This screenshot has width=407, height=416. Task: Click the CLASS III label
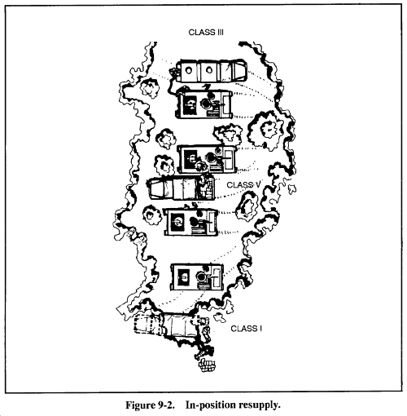206,33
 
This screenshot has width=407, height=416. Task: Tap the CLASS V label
243,185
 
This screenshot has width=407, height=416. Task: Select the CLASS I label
246,329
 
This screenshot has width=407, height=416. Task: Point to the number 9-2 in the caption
164,405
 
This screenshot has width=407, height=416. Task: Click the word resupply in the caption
259,405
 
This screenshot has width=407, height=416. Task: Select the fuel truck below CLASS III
210,70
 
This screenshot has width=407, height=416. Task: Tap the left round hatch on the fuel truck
188,70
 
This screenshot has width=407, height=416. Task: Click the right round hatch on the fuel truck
208,70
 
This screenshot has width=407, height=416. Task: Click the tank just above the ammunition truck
206,159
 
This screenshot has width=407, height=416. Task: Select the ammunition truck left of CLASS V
182,188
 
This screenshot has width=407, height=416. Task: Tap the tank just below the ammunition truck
191,221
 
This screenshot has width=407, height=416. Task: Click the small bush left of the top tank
149,88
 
